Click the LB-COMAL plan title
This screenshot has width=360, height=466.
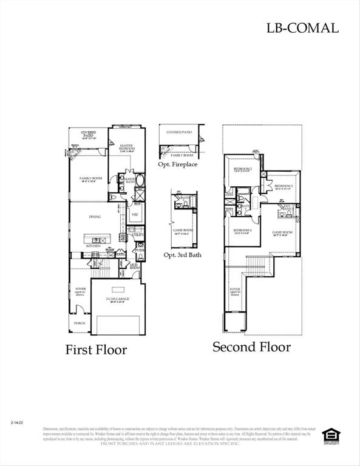(302, 27)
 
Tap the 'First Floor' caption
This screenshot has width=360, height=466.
(96, 349)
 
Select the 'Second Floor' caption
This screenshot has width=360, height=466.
(251, 347)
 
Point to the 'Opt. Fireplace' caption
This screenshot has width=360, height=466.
(177, 164)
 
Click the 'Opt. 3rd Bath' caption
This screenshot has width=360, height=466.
(182, 255)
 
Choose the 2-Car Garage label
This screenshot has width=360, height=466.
(118, 299)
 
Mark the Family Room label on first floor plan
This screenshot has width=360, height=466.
(89, 178)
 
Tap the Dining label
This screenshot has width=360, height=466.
(95, 217)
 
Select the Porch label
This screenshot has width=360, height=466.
(80, 323)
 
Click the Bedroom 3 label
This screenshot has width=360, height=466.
(284, 186)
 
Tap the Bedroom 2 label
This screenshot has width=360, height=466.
(243, 169)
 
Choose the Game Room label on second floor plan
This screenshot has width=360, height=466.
(282, 232)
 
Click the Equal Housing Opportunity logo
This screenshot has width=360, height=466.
(330, 435)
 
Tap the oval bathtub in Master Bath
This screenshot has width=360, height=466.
(141, 180)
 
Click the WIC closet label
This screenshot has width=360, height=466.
(135, 215)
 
